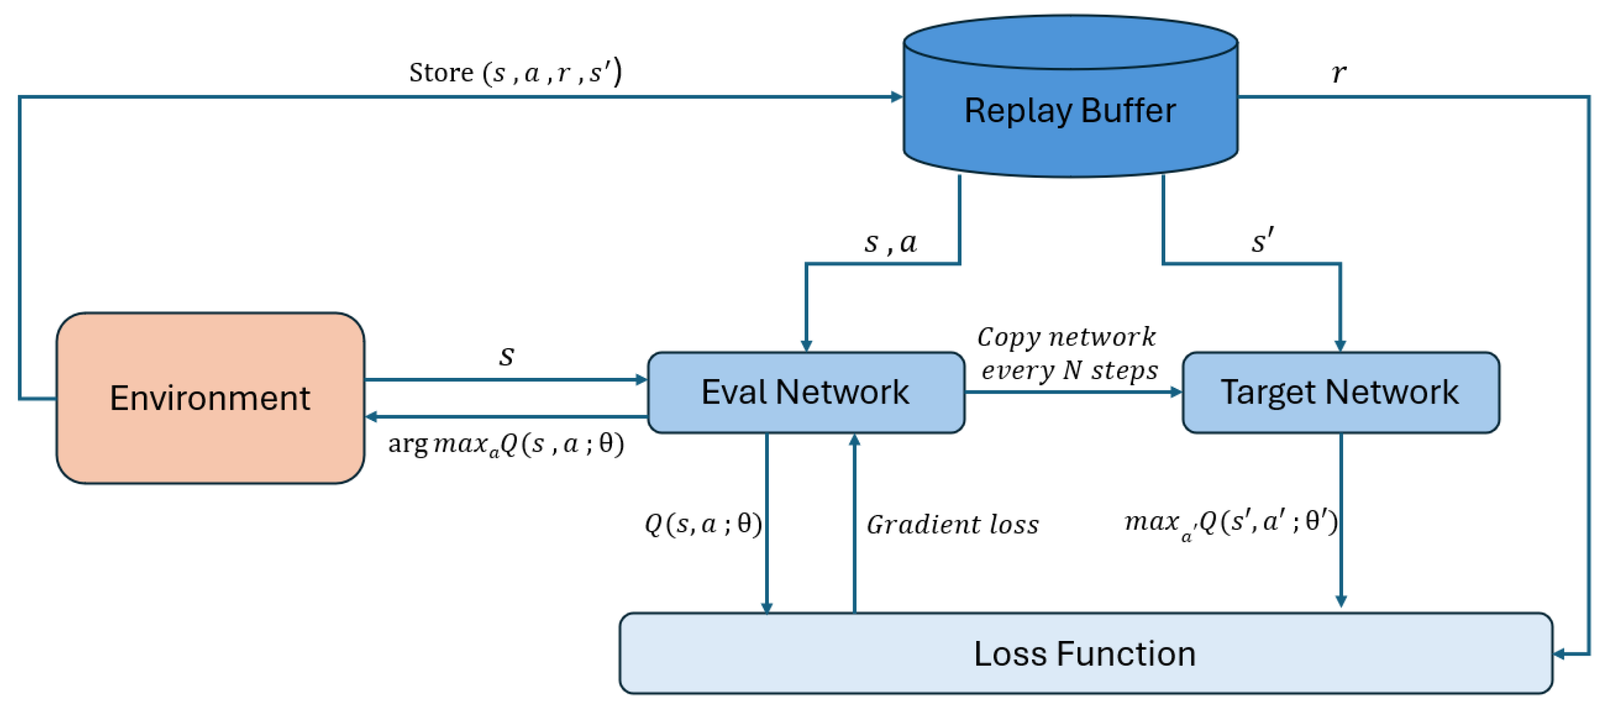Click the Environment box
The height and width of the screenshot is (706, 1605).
210,398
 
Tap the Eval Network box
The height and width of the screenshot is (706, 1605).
805,392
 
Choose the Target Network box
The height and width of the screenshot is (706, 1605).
1340,392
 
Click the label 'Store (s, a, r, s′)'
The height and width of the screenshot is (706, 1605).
515,72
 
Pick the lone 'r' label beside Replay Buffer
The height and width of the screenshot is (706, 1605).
1338,73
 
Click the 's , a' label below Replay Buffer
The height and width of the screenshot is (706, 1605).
890,242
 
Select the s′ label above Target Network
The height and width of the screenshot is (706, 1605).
1262,240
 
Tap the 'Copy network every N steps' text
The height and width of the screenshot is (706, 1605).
1067,353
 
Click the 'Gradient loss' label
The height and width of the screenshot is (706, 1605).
952,524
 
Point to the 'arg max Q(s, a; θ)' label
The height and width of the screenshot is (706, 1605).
505,444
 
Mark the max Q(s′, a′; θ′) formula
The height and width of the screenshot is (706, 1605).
1230,522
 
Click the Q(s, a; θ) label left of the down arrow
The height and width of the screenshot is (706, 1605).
702,524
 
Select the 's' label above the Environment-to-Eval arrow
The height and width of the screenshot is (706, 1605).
506,355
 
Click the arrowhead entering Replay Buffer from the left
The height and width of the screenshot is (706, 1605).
897,97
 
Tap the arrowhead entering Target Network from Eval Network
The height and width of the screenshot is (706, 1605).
1176,392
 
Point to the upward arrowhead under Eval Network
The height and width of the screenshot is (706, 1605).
854,440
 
